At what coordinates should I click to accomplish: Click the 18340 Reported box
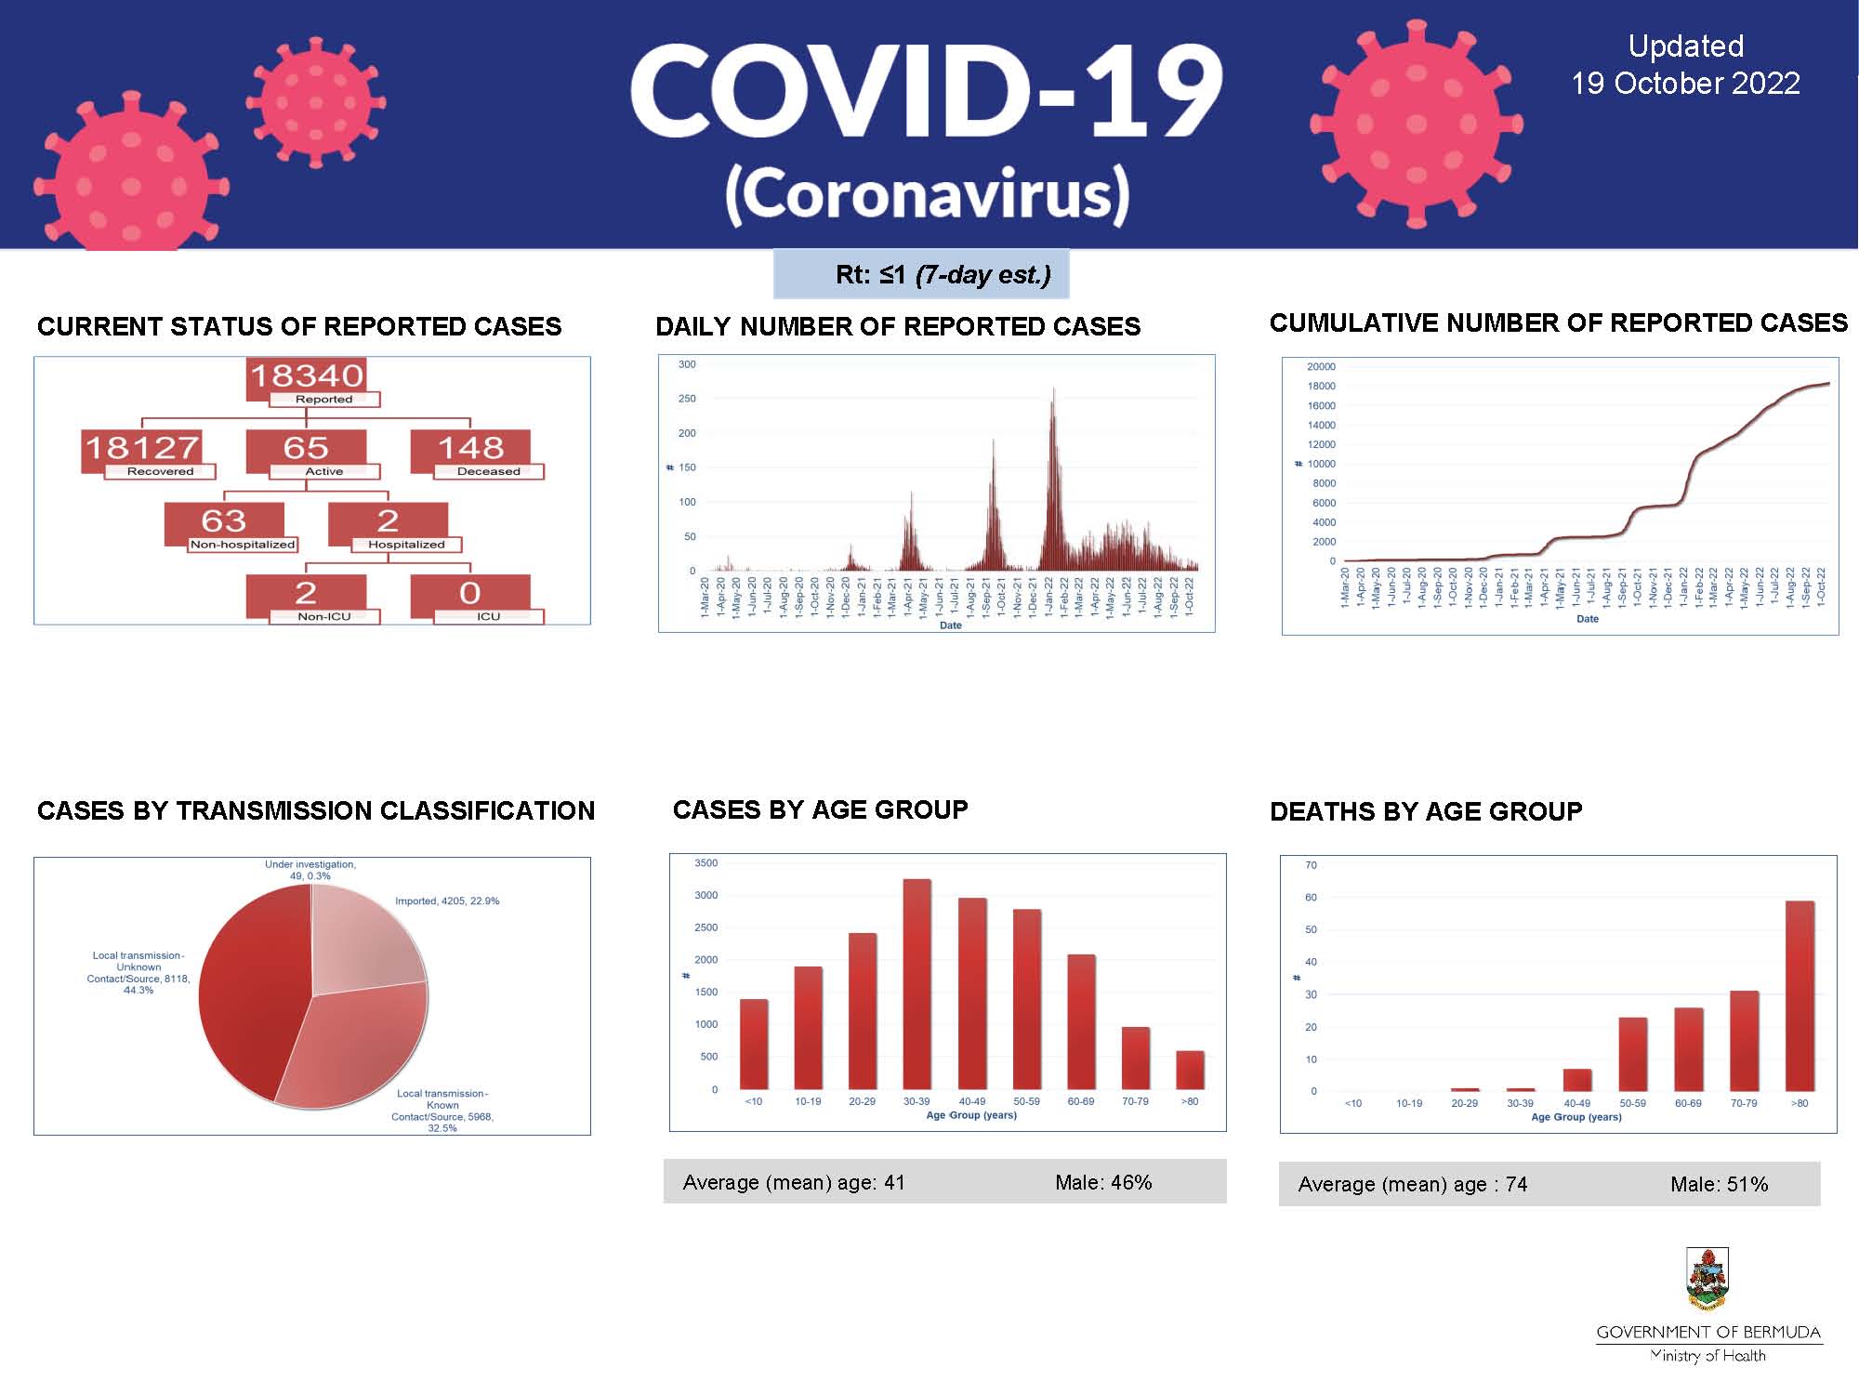[x=307, y=379]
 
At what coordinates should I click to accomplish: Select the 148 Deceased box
[x=471, y=451]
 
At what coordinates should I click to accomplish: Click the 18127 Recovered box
[x=142, y=451]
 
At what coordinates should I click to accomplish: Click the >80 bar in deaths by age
[x=1800, y=995]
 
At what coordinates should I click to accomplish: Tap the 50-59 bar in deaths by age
[x=1632, y=1054]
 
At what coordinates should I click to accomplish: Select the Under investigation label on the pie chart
[x=310, y=870]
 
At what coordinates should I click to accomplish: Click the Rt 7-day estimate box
[x=921, y=274]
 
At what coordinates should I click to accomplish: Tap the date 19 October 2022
[x=1684, y=84]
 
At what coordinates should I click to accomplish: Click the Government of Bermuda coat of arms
[x=1707, y=1280]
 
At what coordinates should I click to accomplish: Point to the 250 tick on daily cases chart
[x=687, y=399]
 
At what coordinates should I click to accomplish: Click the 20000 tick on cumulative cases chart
[x=1321, y=366]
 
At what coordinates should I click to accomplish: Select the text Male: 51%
[x=1719, y=1184]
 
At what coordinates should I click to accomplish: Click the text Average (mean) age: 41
[x=793, y=1182]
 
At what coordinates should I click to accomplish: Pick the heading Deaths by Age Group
[x=1425, y=811]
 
